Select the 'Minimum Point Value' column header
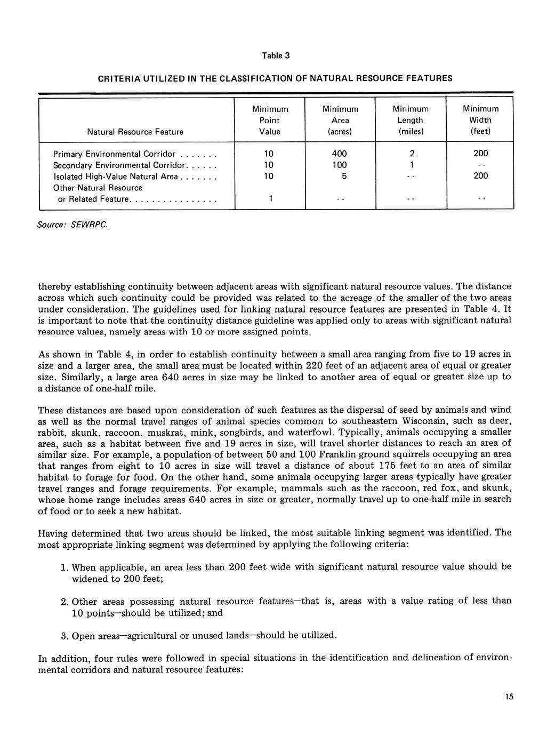pyautogui.click(x=270, y=120)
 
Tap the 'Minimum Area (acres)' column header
pyautogui.click(x=340, y=120)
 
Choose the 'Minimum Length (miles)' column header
pyautogui.click(x=411, y=120)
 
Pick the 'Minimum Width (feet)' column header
pyautogui.click(x=480, y=120)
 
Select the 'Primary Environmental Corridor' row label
pyautogui.click(x=115, y=154)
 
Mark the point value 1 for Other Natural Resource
pyautogui.click(x=270, y=199)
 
